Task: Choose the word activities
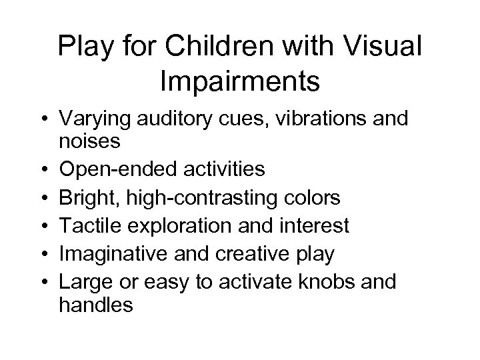(x=219, y=169)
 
